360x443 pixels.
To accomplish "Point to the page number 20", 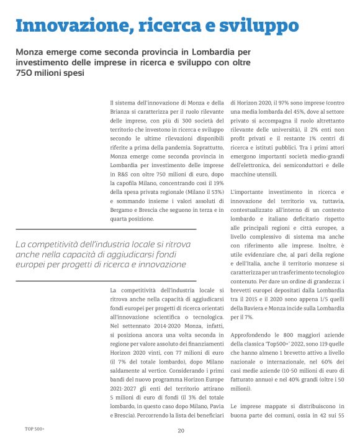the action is [x=181, y=431].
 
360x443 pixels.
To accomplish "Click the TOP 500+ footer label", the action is [x=35, y=429].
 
